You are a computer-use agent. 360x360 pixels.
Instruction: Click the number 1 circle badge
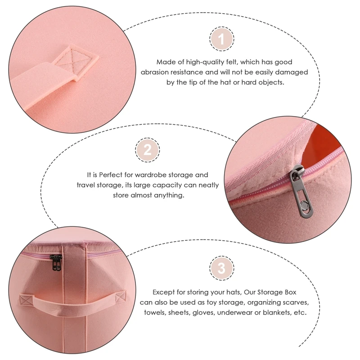tap(221, 39)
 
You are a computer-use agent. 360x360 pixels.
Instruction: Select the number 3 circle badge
tap(221, 269)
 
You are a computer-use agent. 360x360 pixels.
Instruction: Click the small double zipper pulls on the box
tap(57, 263)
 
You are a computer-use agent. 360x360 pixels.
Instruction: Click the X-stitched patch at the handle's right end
tap(120, 298)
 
